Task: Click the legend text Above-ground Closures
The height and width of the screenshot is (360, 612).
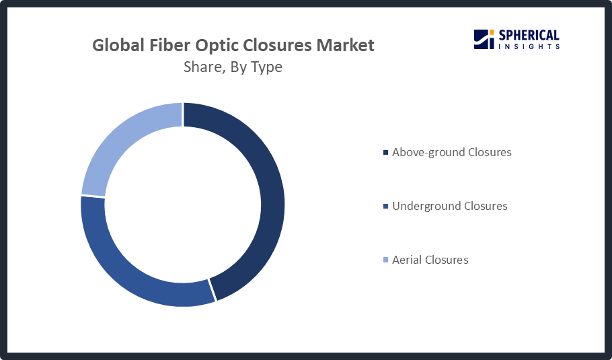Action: coord(451,152)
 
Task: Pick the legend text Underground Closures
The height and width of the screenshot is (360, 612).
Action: coord(450,206)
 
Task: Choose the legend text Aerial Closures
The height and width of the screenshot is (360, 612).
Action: coord(430,260)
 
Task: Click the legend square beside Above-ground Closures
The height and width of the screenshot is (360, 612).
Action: coord(385,152)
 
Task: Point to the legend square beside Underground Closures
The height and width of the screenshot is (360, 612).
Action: coord(385,206)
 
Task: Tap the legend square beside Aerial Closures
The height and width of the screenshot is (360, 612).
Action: coord(385,260)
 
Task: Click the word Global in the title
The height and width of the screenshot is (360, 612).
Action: coord(118,45)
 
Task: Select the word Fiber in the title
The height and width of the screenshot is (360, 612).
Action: coord(169,45)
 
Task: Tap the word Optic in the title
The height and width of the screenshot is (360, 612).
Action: coord(215,46)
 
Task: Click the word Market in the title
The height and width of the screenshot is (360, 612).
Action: coord(346,45)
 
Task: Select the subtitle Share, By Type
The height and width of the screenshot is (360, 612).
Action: coord(233,67)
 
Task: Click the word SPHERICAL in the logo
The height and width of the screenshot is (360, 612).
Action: coord(529,36)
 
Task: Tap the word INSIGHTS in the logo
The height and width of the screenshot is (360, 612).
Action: coord(529,46)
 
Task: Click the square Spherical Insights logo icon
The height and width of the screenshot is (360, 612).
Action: coord(484,39)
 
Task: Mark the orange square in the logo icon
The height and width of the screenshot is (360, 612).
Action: coord(492,32)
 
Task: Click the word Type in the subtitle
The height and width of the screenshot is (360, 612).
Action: coord(266,68)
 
